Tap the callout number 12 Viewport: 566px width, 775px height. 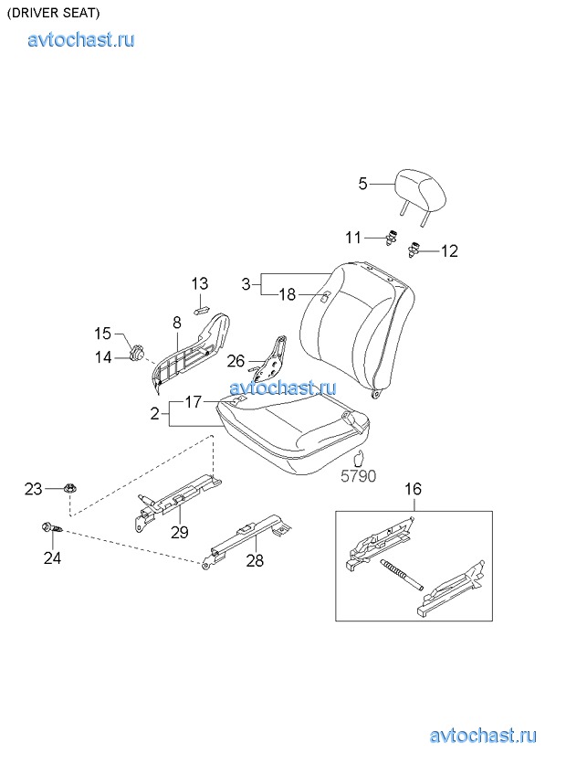pos(449,251)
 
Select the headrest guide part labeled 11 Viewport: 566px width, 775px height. pos(393,238)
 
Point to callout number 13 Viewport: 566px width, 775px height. pos(200,283)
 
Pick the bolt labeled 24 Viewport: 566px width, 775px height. pos(52,529)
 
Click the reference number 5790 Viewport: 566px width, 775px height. pos(359,476)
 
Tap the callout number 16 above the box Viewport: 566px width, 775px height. pos(413,489)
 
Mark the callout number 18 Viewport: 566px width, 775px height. pos(287,294)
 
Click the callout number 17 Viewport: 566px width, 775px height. pos(194,402)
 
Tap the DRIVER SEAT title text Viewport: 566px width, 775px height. pos(53,14)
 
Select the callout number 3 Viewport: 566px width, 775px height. pos(246,284)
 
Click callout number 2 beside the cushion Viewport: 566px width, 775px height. pos(155,413)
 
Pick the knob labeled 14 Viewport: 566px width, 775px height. pos(136,353)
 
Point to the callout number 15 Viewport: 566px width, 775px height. pos(103,334)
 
